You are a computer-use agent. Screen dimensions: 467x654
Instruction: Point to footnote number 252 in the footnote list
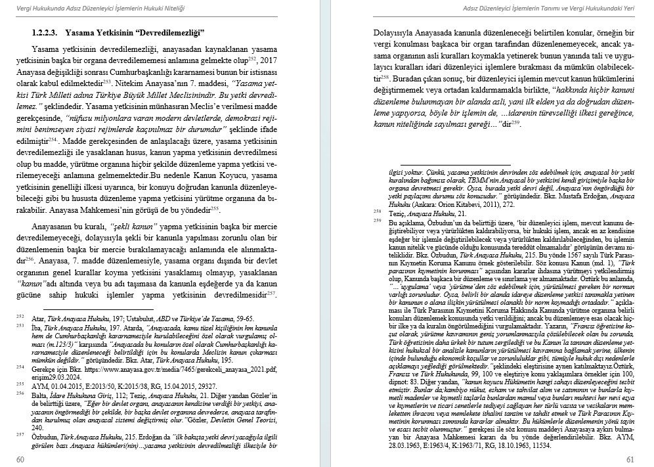click(x=20, y=316)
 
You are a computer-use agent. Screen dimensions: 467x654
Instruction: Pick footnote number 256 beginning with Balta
click(x=20, y=393)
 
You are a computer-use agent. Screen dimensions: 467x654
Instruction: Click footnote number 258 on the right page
click(x=377, y=211)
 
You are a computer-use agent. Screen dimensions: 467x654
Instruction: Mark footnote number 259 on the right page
click(x=377, y=221)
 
